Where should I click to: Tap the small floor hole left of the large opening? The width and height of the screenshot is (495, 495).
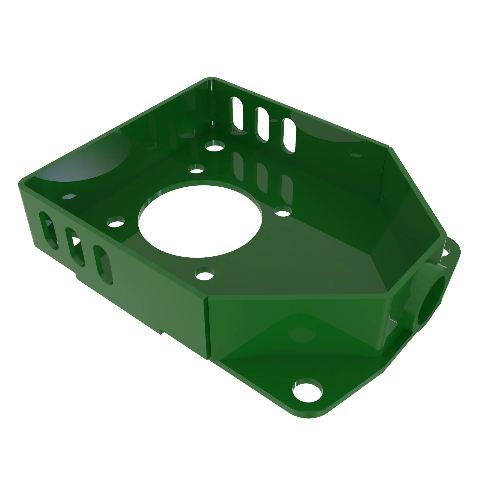116,222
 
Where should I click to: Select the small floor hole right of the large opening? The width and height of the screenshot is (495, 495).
283,212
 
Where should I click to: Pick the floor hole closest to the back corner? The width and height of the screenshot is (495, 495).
215,146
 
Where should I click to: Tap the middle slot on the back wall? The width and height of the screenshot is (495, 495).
263,124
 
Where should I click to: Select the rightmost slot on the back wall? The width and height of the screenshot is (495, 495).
290,136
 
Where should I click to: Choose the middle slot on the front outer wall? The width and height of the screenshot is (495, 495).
75,247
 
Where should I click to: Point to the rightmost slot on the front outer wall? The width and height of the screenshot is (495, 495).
103,264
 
